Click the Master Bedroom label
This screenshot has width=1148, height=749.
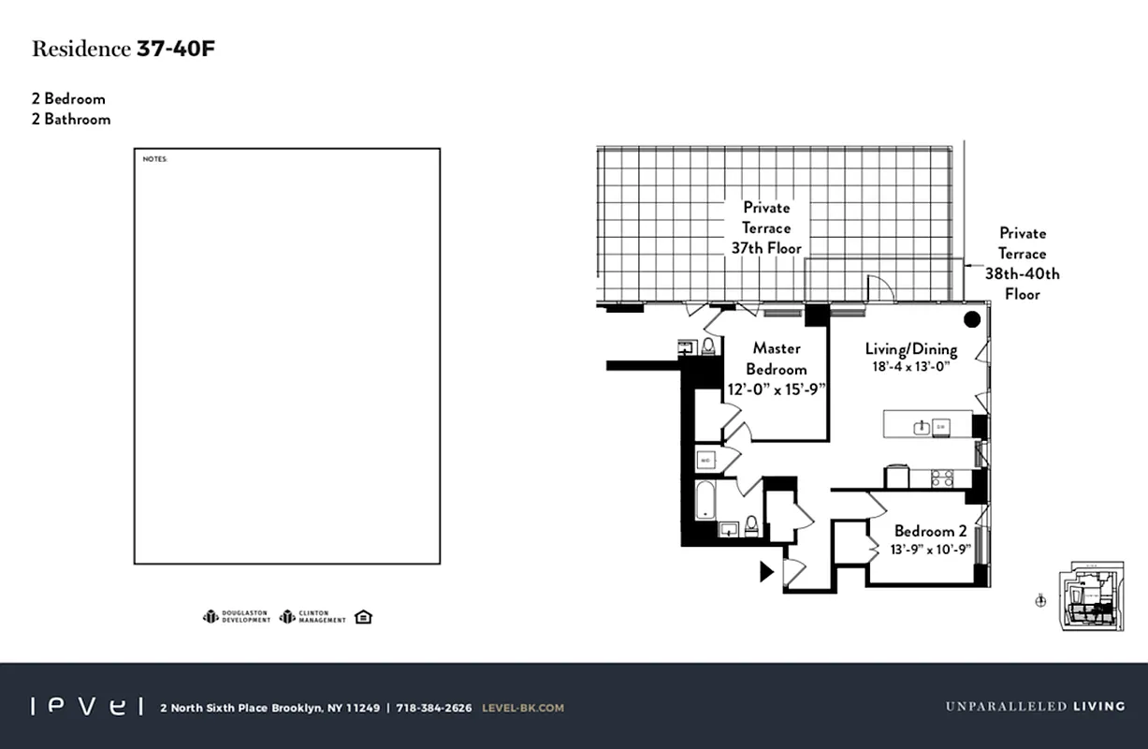tap(776, 359)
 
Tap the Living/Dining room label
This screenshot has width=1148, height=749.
tap(910, 350)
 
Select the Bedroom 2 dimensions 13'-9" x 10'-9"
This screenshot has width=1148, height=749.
tap(930, 550)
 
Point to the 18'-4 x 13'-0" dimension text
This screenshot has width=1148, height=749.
tap(910, 367)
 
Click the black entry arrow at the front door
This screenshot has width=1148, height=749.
tap(766, 571)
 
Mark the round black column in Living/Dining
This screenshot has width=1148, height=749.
tap(972, 319)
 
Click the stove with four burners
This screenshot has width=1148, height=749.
tap(942, 478)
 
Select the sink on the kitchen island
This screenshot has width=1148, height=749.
tap(922, 428)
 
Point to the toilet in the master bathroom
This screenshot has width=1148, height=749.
tap(708, 346)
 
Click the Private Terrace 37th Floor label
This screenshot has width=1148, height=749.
tap(766, 228)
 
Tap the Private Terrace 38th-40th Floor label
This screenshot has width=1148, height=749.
tap(1022, 263)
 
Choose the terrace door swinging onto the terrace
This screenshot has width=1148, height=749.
tap(880, 288)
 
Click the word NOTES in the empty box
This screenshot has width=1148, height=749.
tap(154, 159)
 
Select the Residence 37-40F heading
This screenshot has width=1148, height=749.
tap(124, 50)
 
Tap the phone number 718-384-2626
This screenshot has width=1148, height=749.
tap(434, 708)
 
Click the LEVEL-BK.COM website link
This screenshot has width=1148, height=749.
tap(523, 708)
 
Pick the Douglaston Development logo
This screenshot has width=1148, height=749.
tap(237, 617)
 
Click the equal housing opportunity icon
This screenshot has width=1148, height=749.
tap(364, 617)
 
